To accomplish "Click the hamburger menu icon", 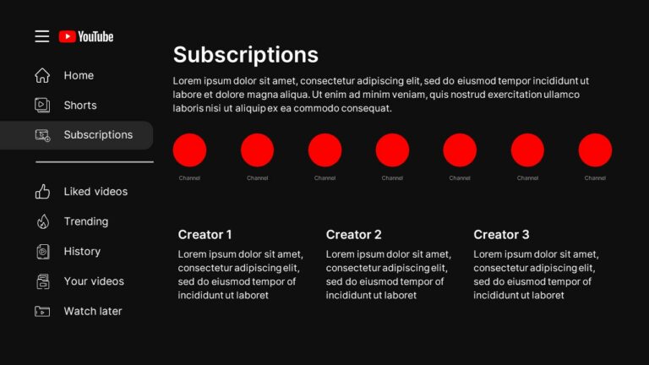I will [x=42, y=36].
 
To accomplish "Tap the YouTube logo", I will [x=86, y=36].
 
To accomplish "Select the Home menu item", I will [x=79, y=75].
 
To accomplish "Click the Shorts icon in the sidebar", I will [x=42, y=106].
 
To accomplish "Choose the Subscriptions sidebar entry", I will [x=97, y=134].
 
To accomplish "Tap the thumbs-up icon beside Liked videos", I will [x=42, y=192].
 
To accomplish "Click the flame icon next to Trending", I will [x=42, y=221].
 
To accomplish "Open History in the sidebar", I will [x=82, y=251].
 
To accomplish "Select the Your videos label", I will [x=94, y=281].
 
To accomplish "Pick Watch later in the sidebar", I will [x=92, y=311].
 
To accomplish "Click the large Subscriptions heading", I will [x=245, y=55].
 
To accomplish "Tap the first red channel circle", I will [x=189, y=150].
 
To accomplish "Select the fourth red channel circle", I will [x=392, y=150].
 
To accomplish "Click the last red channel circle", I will [x=595, y=150].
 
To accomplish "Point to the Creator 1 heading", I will [x=205, y=235].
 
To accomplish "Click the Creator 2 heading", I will [x=353, y=235].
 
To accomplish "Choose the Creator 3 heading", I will [x=501, y=235].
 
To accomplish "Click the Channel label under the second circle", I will [x=257, y=178].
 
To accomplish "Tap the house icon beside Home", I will [x=42, y=75].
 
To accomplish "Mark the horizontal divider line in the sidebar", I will [x=94, y=162].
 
